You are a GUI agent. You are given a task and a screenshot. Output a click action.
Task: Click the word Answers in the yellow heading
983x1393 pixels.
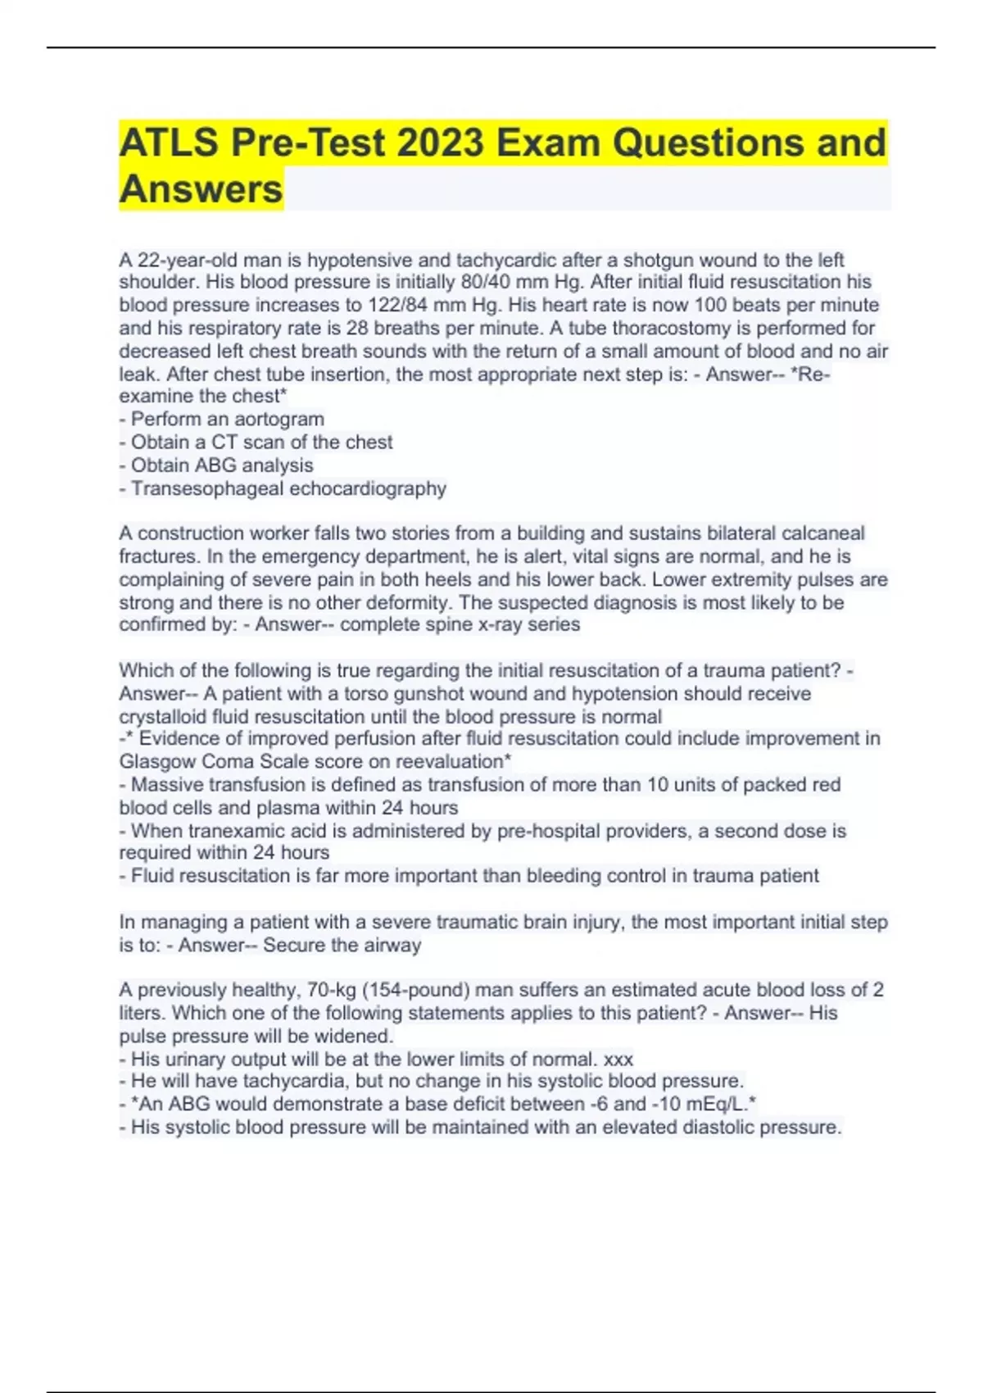[202, 189]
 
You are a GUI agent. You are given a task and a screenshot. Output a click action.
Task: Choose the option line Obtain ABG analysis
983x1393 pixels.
[222, 465]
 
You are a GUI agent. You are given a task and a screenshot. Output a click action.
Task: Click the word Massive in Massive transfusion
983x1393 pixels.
[166, 785]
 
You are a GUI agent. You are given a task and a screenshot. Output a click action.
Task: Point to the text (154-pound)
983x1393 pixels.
[414, 990]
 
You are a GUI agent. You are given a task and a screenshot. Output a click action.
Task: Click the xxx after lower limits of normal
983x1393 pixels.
[618, 1059]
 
